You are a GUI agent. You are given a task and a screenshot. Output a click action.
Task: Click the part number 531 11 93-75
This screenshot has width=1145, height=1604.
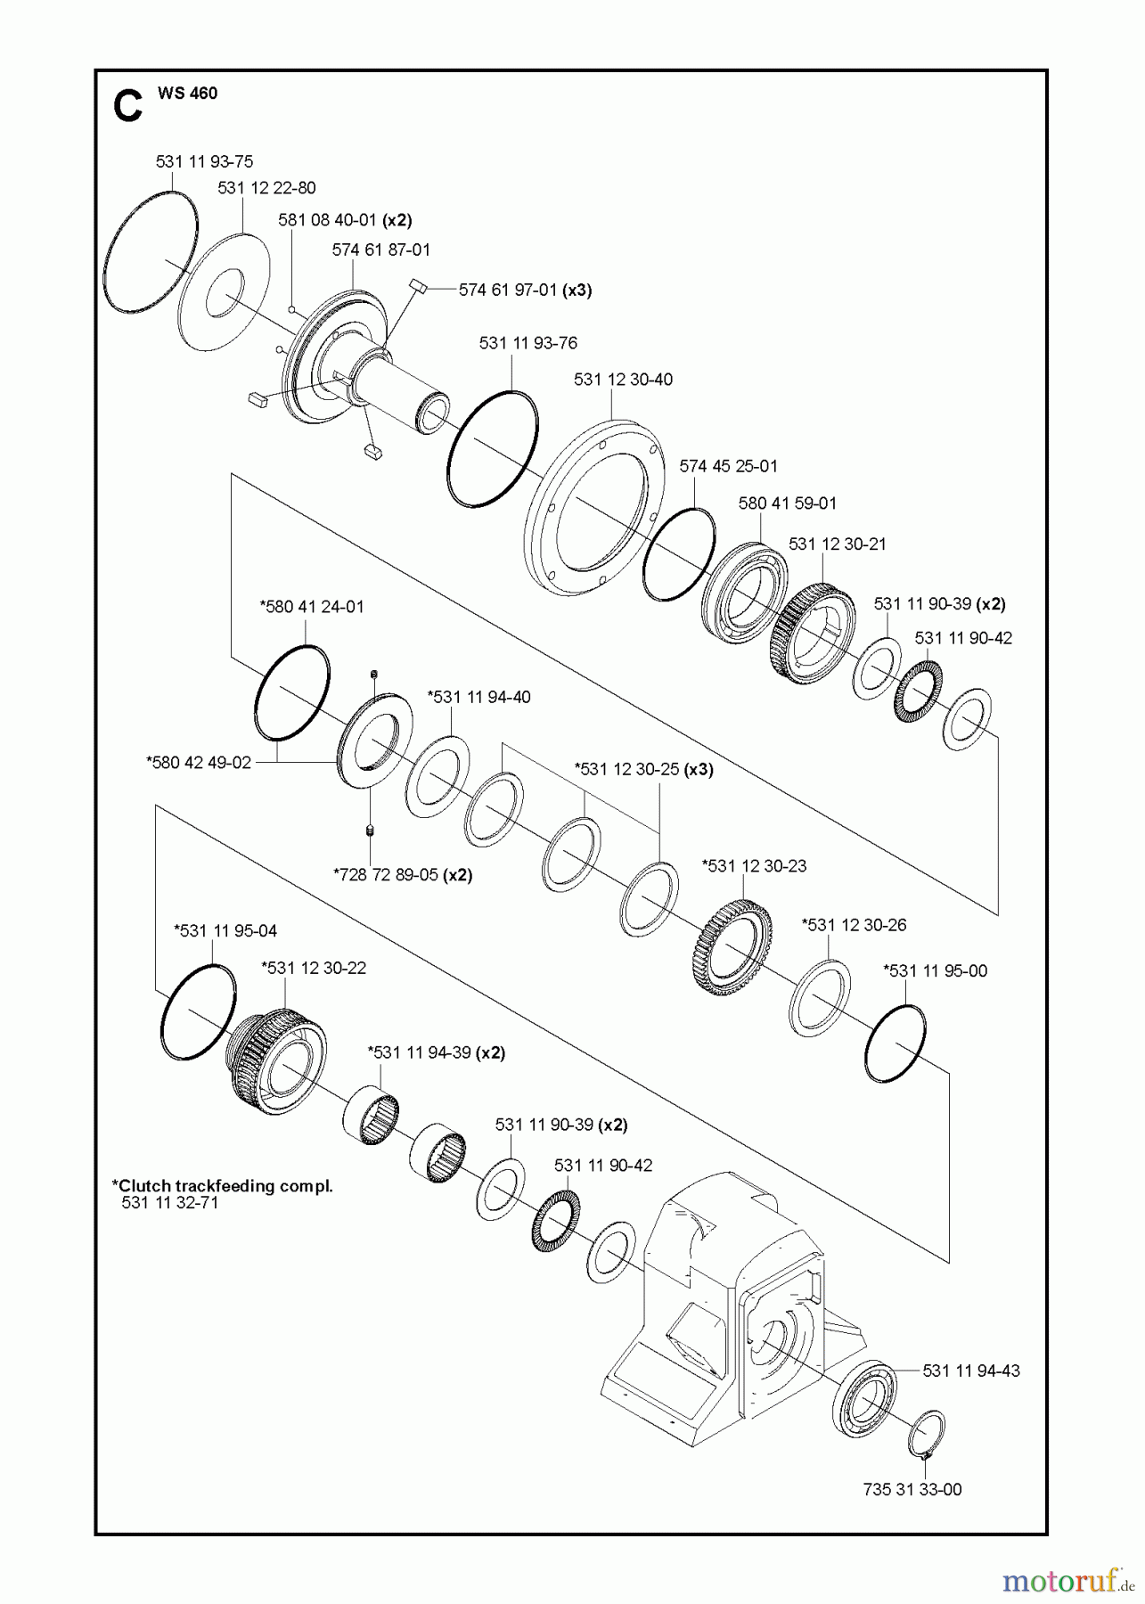(204, 161)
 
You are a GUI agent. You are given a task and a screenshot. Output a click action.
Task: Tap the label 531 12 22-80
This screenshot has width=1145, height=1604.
(266, 188)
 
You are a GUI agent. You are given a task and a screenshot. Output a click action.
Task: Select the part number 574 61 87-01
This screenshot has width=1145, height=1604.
(380, 250)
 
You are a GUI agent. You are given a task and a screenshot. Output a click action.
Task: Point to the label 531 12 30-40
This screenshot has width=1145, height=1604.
(623, 380)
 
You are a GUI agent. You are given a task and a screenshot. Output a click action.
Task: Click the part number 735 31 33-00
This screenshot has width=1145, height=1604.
(912, 1489)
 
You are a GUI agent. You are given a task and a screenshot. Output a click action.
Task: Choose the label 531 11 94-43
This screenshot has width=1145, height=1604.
(971, 1371)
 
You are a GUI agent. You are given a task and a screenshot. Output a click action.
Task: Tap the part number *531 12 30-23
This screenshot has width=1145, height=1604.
(754, 865)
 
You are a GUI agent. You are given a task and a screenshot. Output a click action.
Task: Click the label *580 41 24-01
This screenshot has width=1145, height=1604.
(311, 607)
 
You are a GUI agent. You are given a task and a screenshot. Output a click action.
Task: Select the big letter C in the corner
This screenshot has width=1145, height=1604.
(127, 106)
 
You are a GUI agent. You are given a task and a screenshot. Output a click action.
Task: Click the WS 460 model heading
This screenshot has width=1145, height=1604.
(187, 94)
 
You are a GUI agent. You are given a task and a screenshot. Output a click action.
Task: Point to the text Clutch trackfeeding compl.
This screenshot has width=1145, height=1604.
(222, 1186)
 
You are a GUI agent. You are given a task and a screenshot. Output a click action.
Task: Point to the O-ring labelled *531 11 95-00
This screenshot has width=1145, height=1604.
(895, 1043)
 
